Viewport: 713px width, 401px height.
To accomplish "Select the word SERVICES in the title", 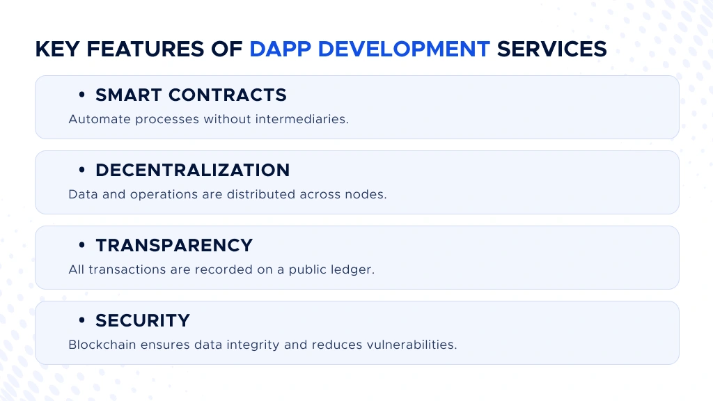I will pyautogui.click(x=551, y=49).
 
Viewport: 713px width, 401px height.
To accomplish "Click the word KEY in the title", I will pyautogui.click(x=55, y=49).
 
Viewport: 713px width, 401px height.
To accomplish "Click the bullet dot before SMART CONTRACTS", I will pyautogui.click(x=82, y=95).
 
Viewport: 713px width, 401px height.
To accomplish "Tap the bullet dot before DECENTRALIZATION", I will pyautogui.click(x=82, y=170).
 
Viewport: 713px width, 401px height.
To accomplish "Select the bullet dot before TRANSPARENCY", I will pyautogui.click(x=82, y=245).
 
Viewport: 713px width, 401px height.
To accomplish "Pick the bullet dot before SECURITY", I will pyautogui.click(x=82, y=320).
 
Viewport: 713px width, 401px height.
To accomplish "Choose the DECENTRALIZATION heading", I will pyautogui.click(x=192, y=170).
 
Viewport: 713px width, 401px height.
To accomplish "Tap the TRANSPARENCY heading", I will pyautogui.click(x=174, y=245).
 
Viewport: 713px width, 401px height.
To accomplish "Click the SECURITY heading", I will pyautogui.click(x=143, y=320).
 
